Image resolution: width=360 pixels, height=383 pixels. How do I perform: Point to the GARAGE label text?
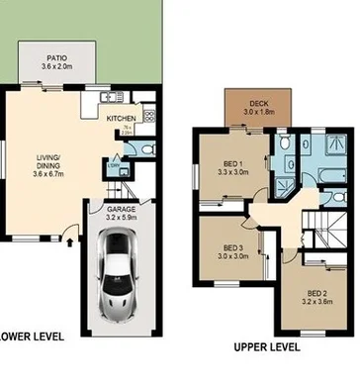click(x=121, y=209)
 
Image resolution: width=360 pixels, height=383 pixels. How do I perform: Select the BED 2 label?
click(x=315, y=294)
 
